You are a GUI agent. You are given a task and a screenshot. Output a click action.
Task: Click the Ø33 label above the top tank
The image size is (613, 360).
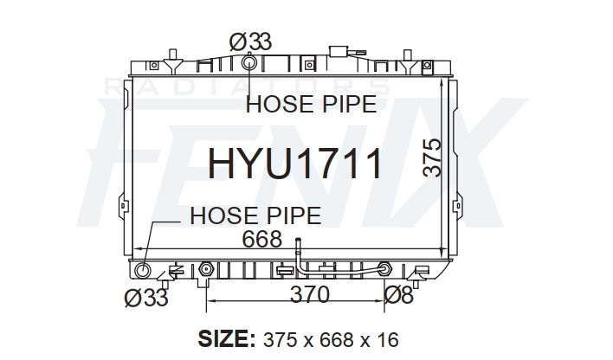coord(250,42)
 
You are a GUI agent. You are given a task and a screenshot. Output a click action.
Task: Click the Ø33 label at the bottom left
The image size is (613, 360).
coord(146,298)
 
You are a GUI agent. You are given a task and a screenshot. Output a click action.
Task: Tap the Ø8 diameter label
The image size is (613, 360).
coord(398,295)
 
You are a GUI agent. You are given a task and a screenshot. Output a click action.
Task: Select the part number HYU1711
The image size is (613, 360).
coord(294,164)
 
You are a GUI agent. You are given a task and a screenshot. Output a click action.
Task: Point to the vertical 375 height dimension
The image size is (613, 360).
coord(432,157)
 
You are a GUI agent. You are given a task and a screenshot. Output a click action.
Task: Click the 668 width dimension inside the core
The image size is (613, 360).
coord(261,239)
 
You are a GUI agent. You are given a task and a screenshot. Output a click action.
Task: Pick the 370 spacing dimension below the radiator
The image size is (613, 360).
coord(310,295)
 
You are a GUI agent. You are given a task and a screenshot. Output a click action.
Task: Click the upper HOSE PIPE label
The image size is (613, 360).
coord(311,104)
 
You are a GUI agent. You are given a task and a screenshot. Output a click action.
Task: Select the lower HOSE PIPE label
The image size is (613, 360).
coord(255,215)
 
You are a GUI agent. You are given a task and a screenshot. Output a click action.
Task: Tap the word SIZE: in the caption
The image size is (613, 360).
coord(227,339)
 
